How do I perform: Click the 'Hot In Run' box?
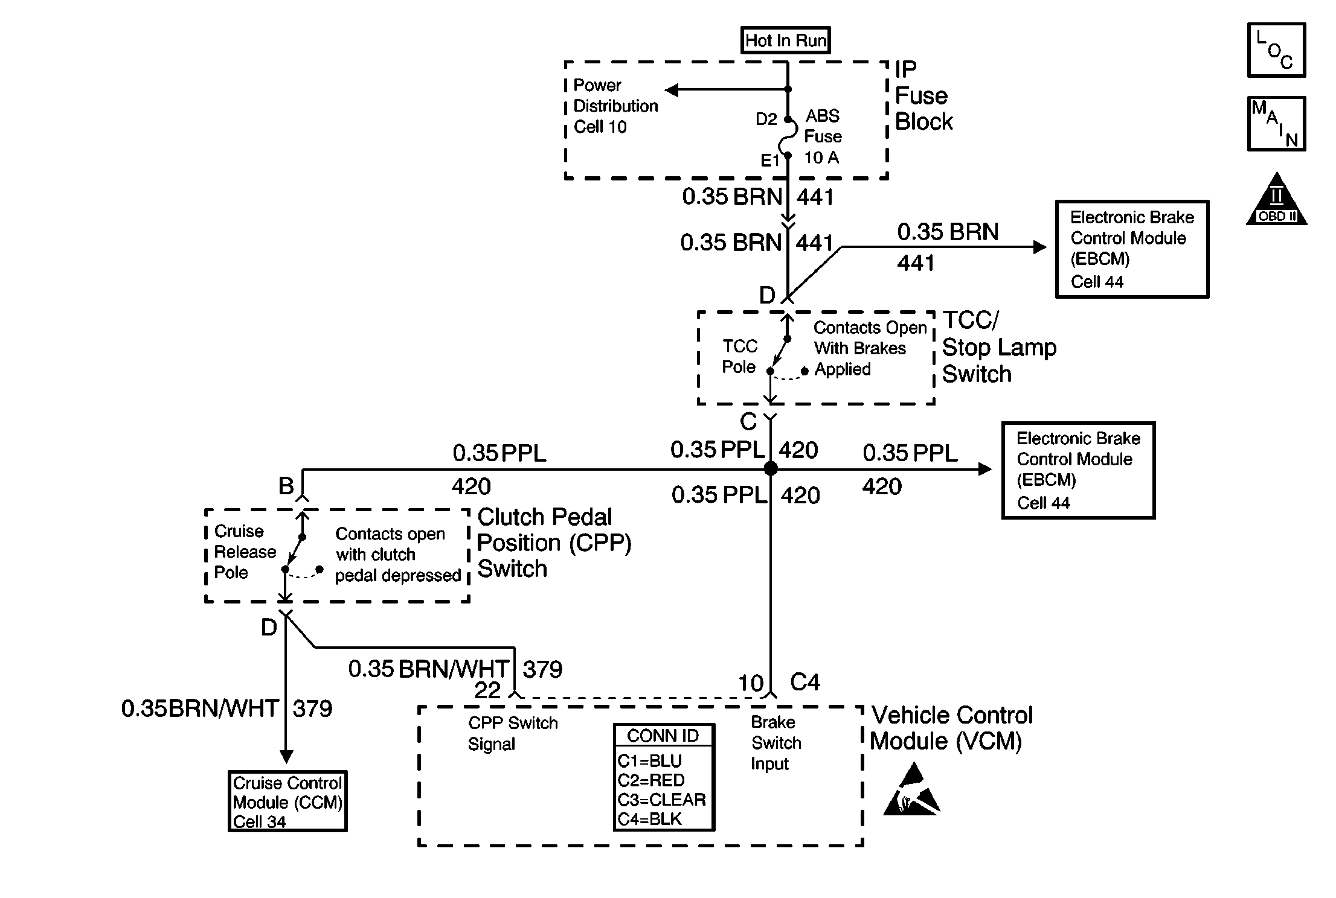pyautogui.click(x=785, y=40)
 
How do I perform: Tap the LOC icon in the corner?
pyautogui.click(x=1276, y=50)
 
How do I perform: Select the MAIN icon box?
pyautogui.click(x=1276, y=124)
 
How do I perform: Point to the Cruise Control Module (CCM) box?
pyautogui.click(x=287, y=801)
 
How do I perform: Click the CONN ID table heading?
pyautogui.click(x=663, y=736)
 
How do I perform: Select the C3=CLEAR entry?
pyautogui.click(x=662, y=800)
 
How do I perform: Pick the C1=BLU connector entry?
pyautogui.click(x=650, y=760)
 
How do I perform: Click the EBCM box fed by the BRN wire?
pyautogui.click(x=1132, y=249)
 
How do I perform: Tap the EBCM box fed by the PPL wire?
pyautogui.click(x=1078, y=470)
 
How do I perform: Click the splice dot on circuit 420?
pyautogui.click(x=771, y=468)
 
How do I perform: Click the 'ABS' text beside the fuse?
pyautogui.click(x=823, y=116)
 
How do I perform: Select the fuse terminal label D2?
pyautogui.click(x=766, y=119)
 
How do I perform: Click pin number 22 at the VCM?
pyautogui.click(x=487, y=690)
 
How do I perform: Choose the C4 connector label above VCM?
pyautogui.click(x=805, y=683)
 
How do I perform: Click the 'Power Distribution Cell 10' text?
pyautogui.click(x=615, y=106)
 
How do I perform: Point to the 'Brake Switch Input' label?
pyautogui.click(x=776, y=743)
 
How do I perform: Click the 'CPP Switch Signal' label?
pyautogui.click(x=513, y=733)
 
